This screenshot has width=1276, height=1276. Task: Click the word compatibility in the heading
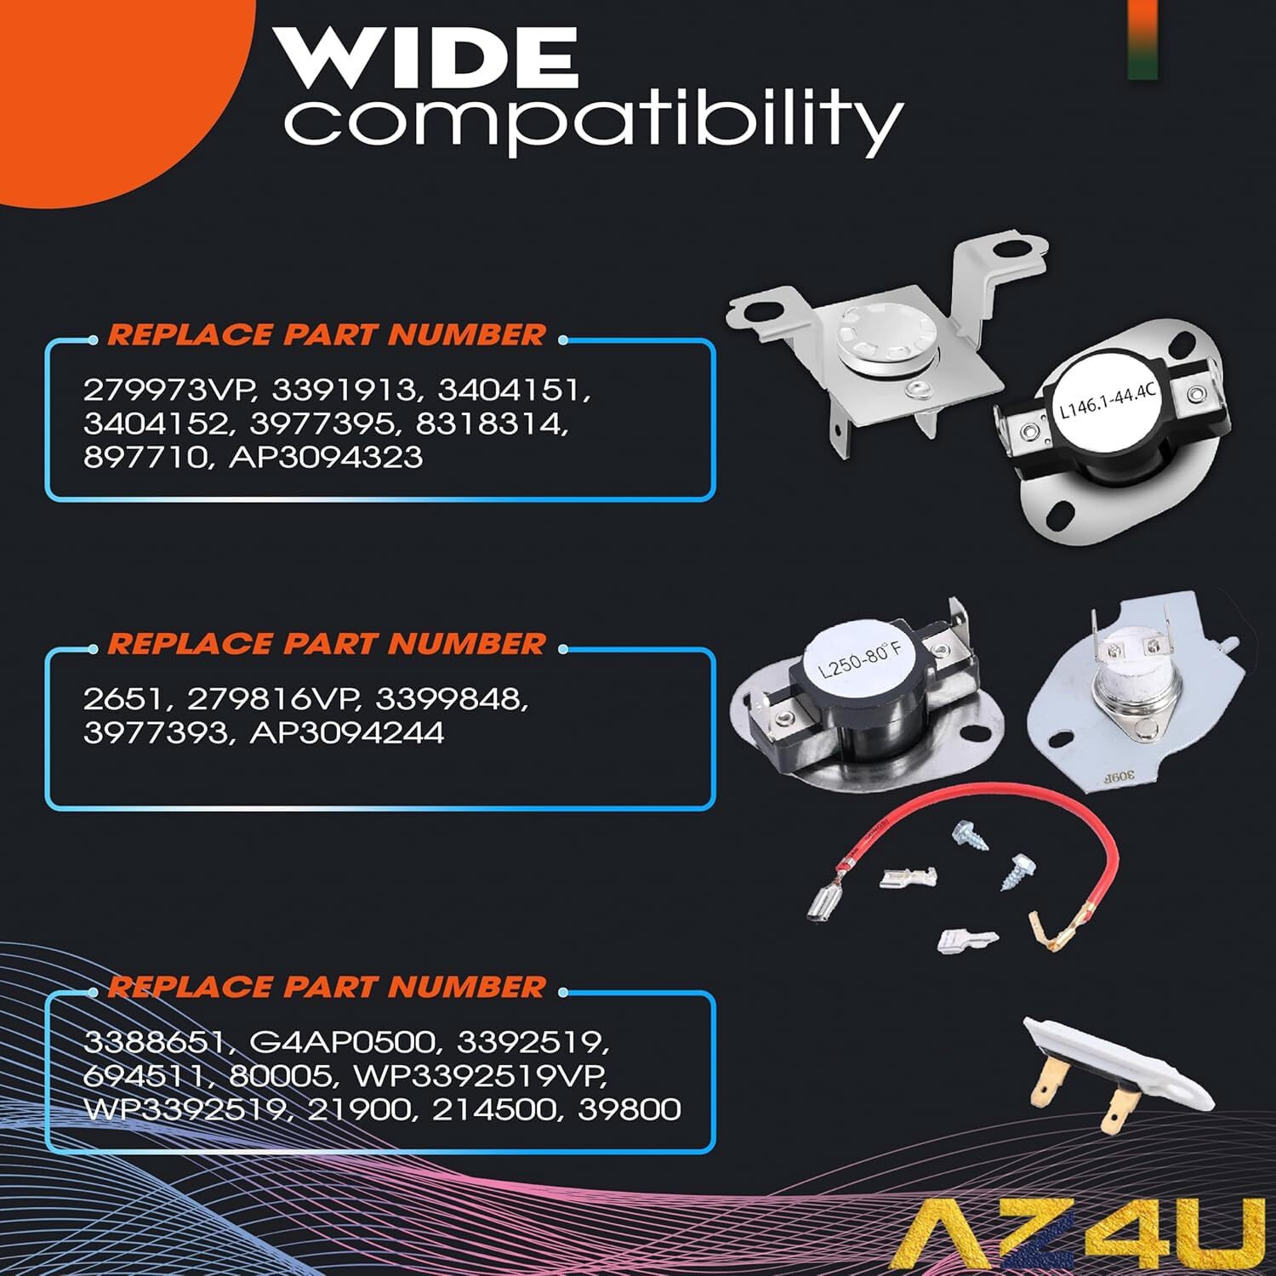click(x=593, y=122)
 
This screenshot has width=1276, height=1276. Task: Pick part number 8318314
click(x=491, y=424)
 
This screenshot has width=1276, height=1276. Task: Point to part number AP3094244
click(x=346, y=732)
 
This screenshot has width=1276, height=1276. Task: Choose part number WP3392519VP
click(x=481, y=1075)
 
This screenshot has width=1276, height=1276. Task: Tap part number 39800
click(x=629, y=1109)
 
